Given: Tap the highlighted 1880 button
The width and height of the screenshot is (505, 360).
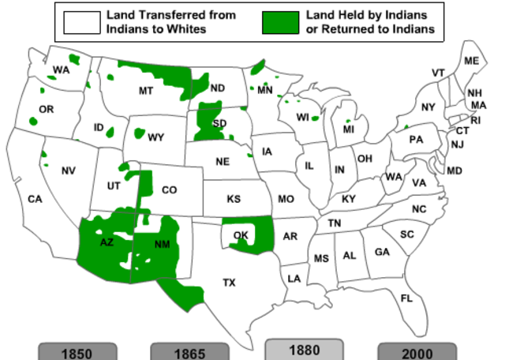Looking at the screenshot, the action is pyautogui.click(x=304, y=350).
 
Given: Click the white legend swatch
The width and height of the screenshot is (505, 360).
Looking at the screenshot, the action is pyautogui.click(x=81, y=22).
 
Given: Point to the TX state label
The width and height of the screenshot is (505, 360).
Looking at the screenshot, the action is pyautogui.click(x=229, y=282).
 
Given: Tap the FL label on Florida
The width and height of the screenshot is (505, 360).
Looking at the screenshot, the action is pyautogui.click(x=406, y=298).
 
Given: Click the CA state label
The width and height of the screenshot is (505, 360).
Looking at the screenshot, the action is pyautogui.click(x=35, y=199).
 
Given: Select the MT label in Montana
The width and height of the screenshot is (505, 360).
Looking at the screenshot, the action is pyautogui.click(x=146, y=91).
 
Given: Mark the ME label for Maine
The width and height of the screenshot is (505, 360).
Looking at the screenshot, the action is pyautogui.click(x=472, y=61).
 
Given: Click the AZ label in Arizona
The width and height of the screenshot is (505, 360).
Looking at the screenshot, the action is pyautogui.click(x=107, y=242).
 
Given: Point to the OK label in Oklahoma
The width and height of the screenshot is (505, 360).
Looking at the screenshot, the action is pyautogui.click(x=241, y=234).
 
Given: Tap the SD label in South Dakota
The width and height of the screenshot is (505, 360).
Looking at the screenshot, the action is pyautogui.click(x=219, y=122).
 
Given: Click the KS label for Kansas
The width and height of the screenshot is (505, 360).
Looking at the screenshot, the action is pyautogui.click(x=234, y=199).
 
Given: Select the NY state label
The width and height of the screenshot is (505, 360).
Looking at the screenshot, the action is pyautogui.click(x=428, y=107).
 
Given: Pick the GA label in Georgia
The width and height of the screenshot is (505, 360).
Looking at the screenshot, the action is pyautogui.click(x=382, y=252).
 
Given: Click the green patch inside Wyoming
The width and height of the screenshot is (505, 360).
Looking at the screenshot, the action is pyautogui.click(x=140, y=136).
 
